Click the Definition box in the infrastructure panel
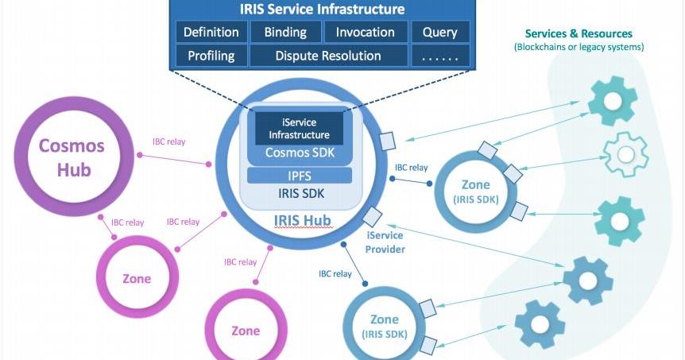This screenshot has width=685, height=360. click(211, 33)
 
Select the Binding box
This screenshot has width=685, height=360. click(285, 33)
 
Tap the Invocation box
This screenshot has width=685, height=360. click(365, 33)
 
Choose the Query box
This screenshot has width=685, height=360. click(439, 33)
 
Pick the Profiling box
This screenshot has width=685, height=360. click(211, 56)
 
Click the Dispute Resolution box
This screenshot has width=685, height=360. click(328, 56)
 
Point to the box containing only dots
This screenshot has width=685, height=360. click(439, 56)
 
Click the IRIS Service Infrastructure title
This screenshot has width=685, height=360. click(322, 10)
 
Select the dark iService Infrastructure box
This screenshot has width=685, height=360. click(299, 129)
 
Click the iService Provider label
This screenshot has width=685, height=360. click(385, 242)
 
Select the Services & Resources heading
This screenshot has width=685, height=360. click(579, 34)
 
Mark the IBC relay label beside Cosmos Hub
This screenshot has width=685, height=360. click(170, 144)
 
